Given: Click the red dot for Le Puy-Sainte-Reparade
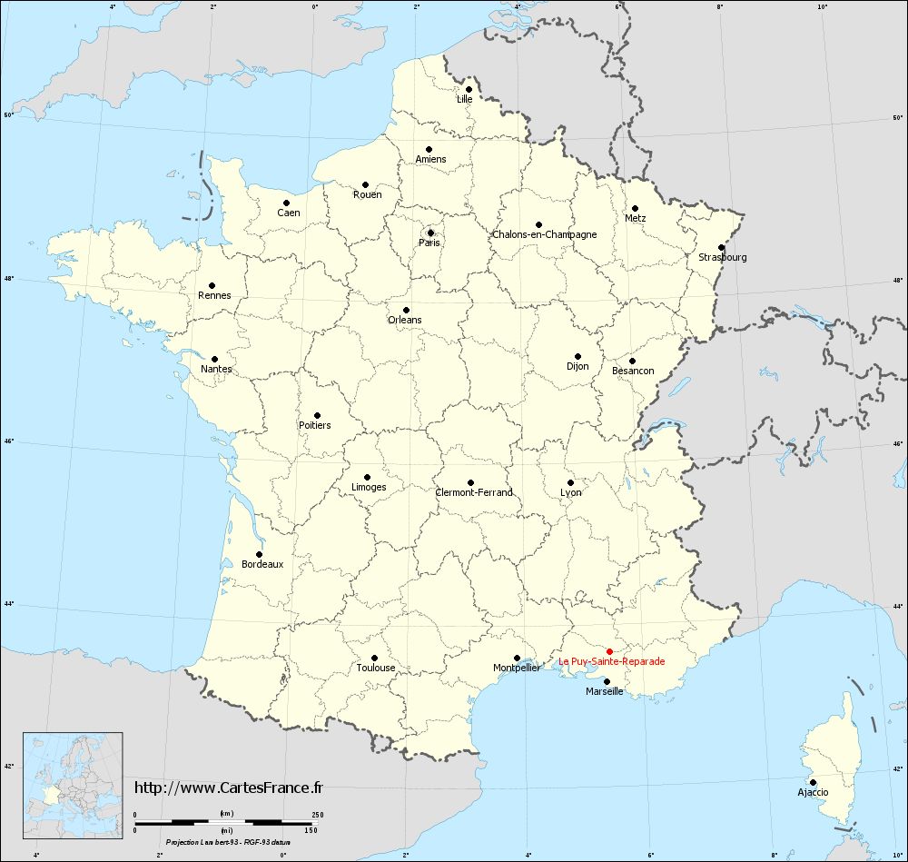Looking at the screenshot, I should point(610,651).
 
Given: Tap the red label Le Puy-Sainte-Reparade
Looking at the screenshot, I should point(611,662).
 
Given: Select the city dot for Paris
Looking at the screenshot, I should point(430,233).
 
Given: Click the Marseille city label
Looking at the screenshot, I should point(604,691).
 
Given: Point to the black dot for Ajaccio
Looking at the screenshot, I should point(813,782).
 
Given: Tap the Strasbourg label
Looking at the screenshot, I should point(723,257).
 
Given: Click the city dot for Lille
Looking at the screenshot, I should point(469,89).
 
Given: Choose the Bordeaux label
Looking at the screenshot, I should point(262,564).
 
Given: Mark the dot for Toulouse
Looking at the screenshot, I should point(374,658).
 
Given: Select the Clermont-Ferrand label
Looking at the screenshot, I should point(474,492).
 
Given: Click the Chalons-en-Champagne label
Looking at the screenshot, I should point(545,234).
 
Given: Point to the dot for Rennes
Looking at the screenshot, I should point(212,285).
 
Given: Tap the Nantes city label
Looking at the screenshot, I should point(217,369).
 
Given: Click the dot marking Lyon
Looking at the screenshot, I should point(570,482).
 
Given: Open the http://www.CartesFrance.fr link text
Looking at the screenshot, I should point(228,788).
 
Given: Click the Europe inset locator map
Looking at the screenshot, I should point(73,775).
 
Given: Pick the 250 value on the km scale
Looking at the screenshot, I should point(317,814).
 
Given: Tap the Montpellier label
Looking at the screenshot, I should point(517,668).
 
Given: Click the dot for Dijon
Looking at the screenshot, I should point(577,356).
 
